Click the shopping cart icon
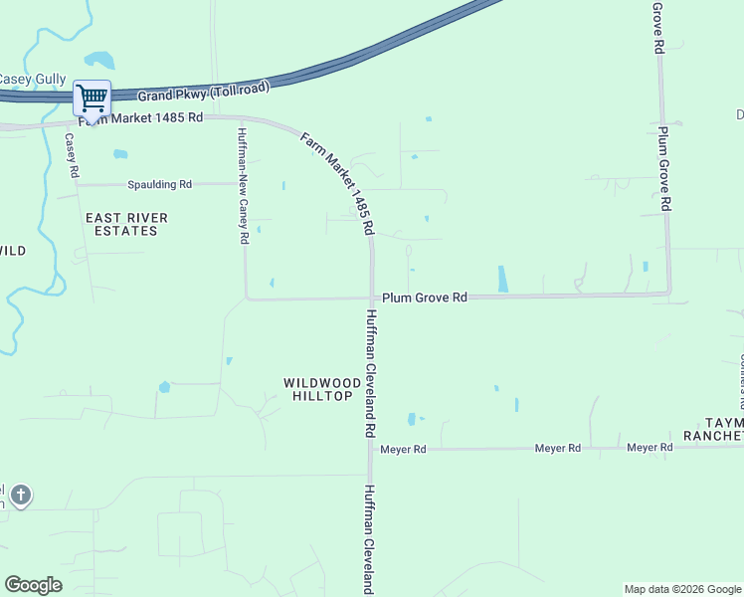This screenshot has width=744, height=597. tap(92, 99)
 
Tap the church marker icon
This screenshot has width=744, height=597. tap(20, 495)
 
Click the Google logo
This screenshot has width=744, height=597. tap(33, 585)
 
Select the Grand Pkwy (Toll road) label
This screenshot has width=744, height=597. tap(204, 92)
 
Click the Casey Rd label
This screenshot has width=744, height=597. tap(72, 156)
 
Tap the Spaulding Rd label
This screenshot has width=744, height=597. tap(159, 184)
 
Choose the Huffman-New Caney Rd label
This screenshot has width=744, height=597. tap(242, 184)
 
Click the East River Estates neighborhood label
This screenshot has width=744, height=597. tap(126, 224)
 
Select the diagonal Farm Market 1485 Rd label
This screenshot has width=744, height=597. tap(338, 183)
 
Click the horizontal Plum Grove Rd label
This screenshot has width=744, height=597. tap(425, 297)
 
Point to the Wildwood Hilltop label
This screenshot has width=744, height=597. tap(318, 389)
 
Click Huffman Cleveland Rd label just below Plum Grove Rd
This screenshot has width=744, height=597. tap(370, 373)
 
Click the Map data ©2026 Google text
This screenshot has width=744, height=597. tap(682, 589)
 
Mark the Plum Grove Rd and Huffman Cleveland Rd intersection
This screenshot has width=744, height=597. tap(372, 297)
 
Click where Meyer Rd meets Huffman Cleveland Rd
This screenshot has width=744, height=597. tap(372, 449)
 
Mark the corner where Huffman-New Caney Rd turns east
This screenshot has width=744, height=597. tap(247, 297)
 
